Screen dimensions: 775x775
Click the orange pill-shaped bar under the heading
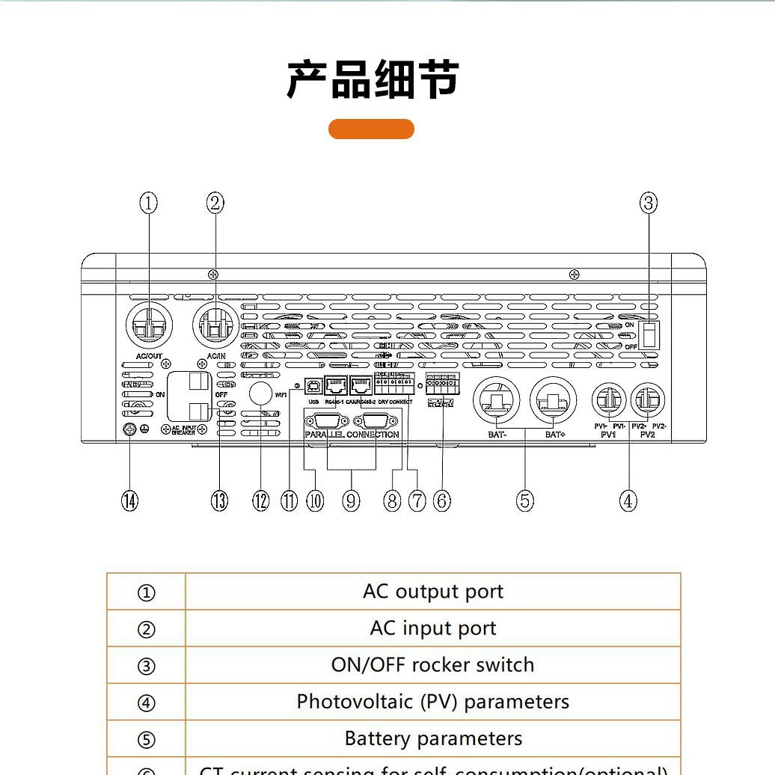(x=371, y=129)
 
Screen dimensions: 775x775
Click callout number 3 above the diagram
(x=649, y=202)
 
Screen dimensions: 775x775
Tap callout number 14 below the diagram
(x=130, y=500)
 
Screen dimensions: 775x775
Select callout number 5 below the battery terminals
(x=525, y=500)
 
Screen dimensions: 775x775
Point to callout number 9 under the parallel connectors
(x=351, y=500)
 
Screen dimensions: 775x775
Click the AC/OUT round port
(x=149, y=325)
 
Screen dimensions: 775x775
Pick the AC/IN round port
(x=215, y=325)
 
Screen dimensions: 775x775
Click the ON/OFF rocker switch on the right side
(x=649, y=334)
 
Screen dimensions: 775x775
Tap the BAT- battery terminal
(x=495, y=402)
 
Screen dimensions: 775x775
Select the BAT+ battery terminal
(x=553, y=402)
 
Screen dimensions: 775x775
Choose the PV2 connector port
(x=648, y=401)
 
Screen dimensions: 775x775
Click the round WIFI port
(x=259, y=393)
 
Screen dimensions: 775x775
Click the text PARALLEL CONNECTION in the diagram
(x=352, y=435)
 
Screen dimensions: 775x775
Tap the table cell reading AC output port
(x=432, y=592)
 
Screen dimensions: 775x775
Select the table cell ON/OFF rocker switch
(x=432, y=665)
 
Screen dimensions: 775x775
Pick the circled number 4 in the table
(x=146, y=702)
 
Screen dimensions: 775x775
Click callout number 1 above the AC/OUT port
(x=149, y=202)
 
